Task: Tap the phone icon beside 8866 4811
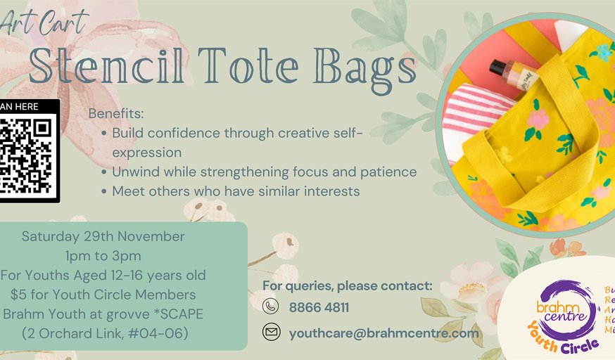270,307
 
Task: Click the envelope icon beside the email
270,333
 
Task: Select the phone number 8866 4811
319,307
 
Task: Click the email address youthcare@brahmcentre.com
383,333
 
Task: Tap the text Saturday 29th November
103,236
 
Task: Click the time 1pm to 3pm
103,255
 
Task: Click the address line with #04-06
103,332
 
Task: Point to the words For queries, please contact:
347,285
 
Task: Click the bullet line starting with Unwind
264,172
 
